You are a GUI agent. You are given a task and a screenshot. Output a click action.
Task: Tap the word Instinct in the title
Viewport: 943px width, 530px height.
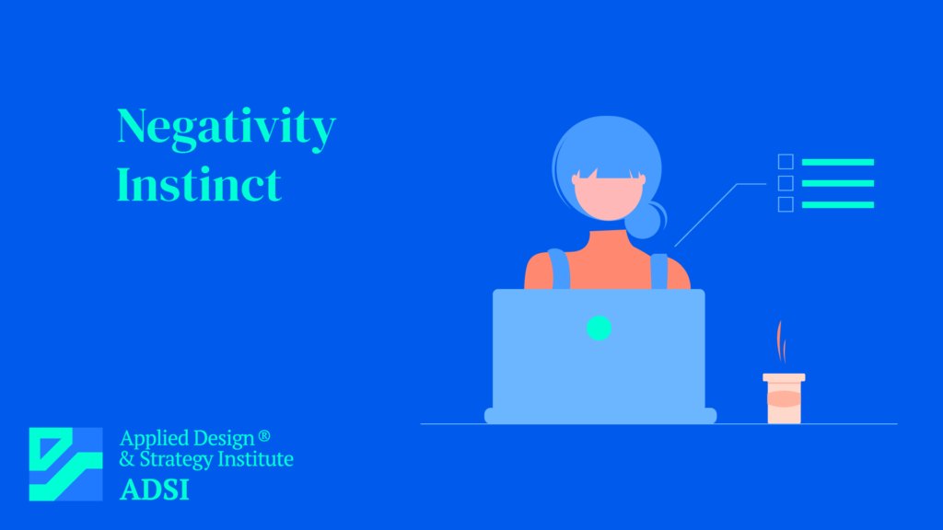(x=199, y=184)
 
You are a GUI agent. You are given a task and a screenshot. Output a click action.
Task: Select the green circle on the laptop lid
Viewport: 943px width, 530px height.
(x=599, y=327)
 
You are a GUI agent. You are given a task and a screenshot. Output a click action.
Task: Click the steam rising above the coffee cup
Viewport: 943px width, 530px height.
(x=782, y=342)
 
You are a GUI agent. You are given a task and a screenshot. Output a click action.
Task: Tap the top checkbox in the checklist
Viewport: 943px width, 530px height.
(x=786, y=162)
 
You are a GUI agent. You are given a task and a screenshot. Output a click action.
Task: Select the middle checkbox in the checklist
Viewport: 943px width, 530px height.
(x=786, y=183)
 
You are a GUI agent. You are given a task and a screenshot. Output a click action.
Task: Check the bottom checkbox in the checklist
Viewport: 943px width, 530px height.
(x=786, y=204)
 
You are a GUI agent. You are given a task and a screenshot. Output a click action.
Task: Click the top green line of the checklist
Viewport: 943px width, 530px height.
(x=837, y=162)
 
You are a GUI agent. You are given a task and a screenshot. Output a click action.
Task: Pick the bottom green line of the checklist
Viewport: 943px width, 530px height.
(x=837, y=204)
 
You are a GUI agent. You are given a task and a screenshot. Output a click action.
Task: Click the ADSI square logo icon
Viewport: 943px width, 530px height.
(x=65, y=464)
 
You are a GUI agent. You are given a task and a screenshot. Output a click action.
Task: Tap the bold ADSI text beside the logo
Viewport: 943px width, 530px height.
(x=155, y=490)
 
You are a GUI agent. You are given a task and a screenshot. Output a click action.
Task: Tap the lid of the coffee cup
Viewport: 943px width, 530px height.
(x=784, y=377)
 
